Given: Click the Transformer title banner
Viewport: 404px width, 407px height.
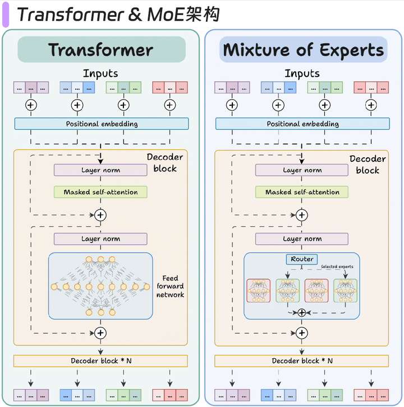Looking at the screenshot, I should [101, 50].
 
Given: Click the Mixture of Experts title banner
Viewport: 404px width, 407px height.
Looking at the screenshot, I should [303, 50].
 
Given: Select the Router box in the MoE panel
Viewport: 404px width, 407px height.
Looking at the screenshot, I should [302, 259].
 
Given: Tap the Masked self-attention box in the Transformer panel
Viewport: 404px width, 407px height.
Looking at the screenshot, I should [100, 192].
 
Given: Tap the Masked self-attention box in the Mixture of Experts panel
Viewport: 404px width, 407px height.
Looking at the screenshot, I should [302, 192].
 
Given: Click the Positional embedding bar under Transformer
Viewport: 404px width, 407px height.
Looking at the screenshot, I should [101, 124].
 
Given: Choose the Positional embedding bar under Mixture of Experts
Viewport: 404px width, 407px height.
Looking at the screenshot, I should [302, 124].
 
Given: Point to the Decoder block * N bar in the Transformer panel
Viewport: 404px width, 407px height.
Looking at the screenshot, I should [101, 361].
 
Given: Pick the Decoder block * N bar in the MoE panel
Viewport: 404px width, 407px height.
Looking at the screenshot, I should [302, 361].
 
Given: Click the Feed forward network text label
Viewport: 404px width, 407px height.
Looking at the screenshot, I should [170, 286].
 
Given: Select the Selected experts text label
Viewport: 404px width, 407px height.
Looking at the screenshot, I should [337, 266].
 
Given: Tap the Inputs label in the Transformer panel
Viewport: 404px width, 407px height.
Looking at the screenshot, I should [100, 73].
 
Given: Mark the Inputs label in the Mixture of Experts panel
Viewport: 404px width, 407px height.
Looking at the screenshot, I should [302, 73].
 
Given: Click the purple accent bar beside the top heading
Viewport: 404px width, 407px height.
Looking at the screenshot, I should [6, 15].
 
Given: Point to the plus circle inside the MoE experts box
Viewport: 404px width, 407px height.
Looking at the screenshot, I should [302, 312].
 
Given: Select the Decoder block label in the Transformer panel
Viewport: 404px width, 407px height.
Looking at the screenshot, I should [165, 163].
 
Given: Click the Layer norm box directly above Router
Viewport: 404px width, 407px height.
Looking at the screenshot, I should [302, 239].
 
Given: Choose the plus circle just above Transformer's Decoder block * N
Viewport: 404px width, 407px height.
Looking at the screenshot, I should [101, 333].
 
